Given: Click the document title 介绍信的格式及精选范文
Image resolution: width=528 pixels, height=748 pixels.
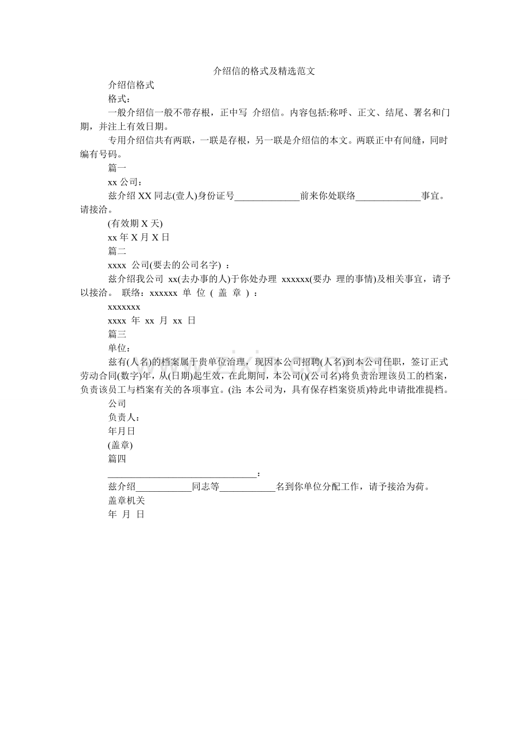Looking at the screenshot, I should (264, 71).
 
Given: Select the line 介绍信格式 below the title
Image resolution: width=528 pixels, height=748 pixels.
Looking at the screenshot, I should (131, 85).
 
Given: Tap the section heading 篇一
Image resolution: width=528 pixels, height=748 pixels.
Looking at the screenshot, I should (117, 168).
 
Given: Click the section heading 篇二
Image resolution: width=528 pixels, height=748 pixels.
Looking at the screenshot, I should (117, 251).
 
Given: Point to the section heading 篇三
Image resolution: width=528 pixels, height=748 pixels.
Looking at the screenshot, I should (117, 334).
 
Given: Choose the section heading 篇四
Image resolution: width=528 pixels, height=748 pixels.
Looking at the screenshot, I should (117, 459).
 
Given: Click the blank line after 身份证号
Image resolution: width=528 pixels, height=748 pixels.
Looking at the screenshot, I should (267, 196).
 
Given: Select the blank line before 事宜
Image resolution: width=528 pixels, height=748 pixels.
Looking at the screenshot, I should (389, 196).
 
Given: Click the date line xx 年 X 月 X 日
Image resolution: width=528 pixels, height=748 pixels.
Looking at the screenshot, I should (138, 237).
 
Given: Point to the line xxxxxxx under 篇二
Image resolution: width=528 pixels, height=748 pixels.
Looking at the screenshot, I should (124, 307).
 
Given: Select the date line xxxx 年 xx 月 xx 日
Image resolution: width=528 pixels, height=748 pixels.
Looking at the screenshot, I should (152, 321).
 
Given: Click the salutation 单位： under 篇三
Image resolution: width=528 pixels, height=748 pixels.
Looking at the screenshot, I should (119, 348).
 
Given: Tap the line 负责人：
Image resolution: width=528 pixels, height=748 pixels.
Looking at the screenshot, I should (124, 418).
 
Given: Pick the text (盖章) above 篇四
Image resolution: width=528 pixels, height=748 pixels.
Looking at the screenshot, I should (121, 445).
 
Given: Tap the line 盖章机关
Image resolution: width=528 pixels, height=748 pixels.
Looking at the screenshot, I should (126, 501).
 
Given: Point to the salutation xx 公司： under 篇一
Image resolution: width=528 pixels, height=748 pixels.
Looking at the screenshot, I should (122, 182).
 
